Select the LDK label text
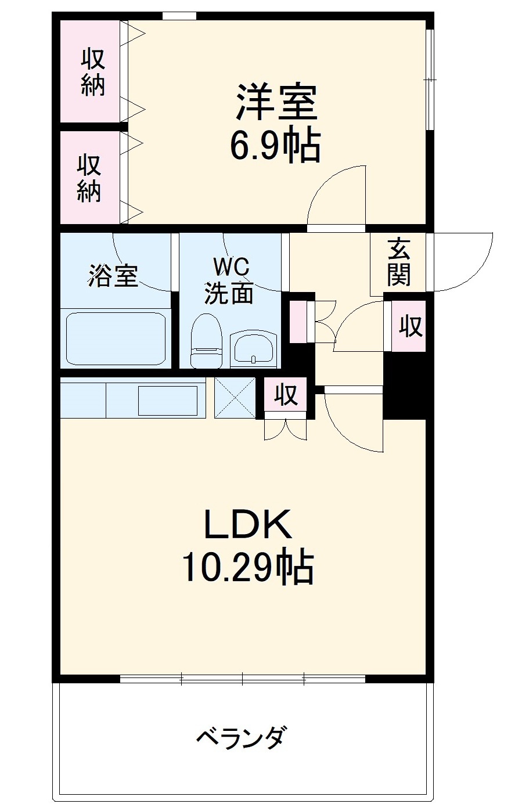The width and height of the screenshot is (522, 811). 246,525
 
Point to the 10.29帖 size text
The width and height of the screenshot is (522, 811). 248,567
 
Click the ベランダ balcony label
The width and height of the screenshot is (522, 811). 241,738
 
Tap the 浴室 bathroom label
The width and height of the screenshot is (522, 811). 113,276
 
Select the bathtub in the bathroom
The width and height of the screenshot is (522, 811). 116,338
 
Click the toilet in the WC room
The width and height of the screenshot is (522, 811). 207,341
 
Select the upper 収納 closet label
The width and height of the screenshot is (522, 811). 92,72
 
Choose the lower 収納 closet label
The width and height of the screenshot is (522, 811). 90,178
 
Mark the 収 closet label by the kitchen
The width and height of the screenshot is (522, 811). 286,395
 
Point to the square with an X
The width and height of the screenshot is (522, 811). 235,397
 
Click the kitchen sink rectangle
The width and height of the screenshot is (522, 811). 167,400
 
